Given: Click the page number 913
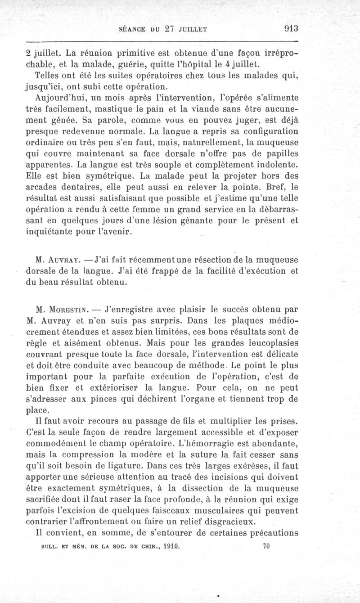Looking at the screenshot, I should pyautogui.click(x=291, y=28).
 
